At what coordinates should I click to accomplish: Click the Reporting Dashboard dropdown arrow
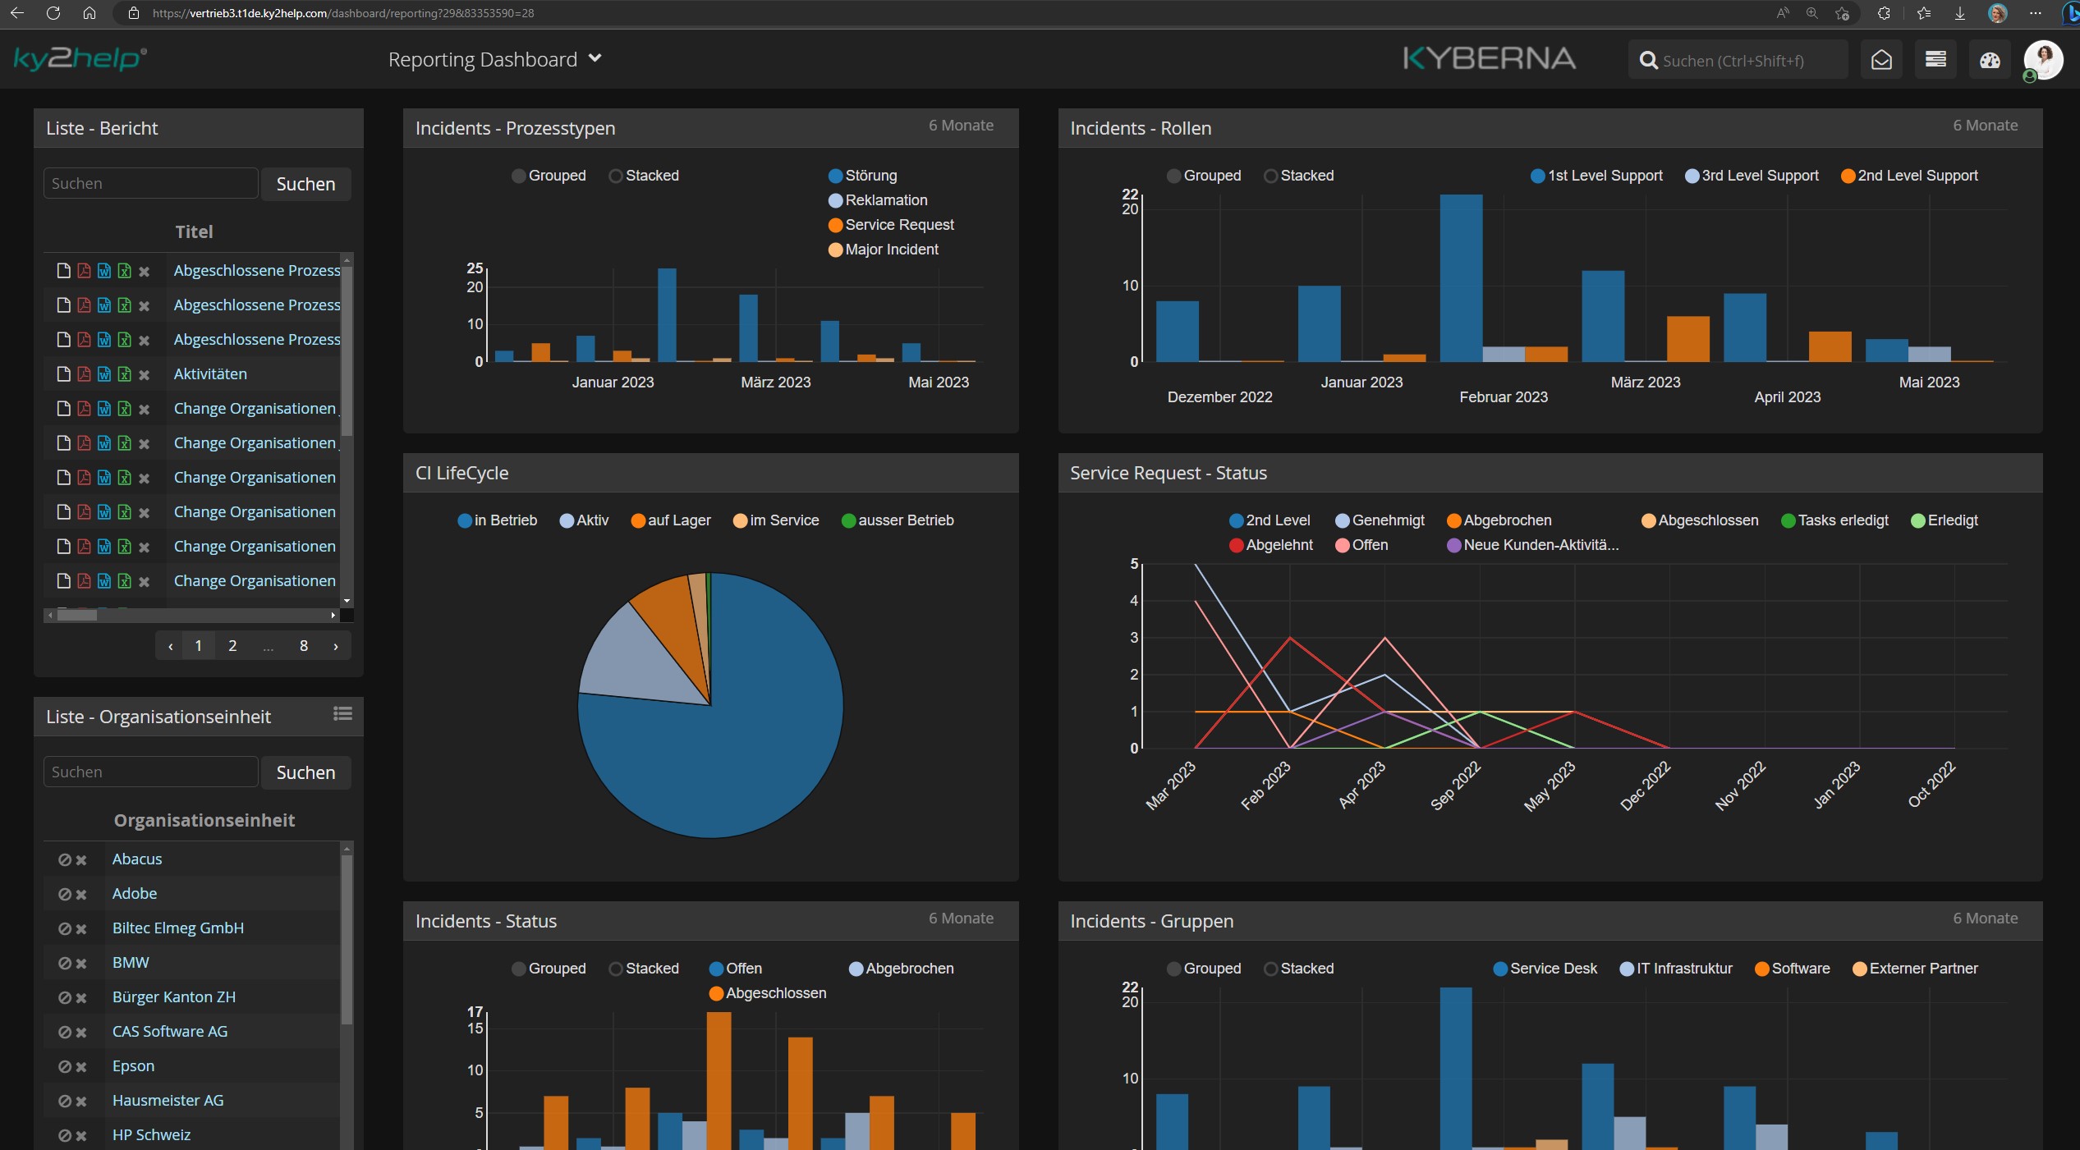(595, 58)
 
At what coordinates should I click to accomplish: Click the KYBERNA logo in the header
(1489, 58)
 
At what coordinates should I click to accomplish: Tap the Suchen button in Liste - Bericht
(305, 184)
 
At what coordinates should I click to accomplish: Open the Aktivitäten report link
(210, 374)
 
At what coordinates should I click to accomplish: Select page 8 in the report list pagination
(303, 646)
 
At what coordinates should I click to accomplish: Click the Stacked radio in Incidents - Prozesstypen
(616, 176)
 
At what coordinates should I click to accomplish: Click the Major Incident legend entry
(890, 250)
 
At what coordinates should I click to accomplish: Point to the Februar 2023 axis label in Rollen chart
(1503, 397)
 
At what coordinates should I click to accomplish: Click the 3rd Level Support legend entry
(1758, 176)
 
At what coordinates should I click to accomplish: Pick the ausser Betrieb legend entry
(904, 520)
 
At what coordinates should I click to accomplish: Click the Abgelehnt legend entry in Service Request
(1278, 545)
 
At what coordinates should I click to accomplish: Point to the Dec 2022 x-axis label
(1645, 786)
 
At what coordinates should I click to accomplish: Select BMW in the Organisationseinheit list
(131, 963)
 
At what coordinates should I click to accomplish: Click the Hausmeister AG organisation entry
(168, 1101)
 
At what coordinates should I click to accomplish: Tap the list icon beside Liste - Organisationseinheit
(342, 714)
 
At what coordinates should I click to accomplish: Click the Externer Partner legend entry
(1922, 969)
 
